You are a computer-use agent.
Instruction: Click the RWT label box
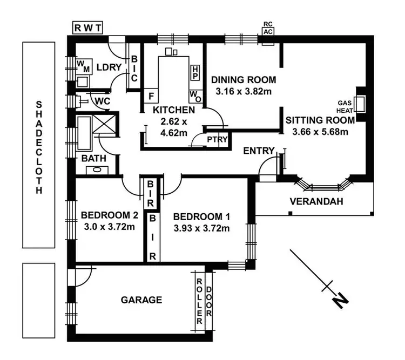tap(88, 28)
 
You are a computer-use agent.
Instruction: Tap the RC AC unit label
tap(267, 28)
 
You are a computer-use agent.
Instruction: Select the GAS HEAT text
tap(345, 106)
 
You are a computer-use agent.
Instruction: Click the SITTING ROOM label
tap(320, 120)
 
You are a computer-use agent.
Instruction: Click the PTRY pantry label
tap(217, 139)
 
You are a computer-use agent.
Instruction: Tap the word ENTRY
tap(259, 150)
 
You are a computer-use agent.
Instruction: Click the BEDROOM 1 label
tap(201, 217)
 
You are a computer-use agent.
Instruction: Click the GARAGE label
tap(141, 300)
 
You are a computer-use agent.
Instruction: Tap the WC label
tap(102, 101)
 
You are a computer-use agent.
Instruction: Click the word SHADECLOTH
tap(38, 146)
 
